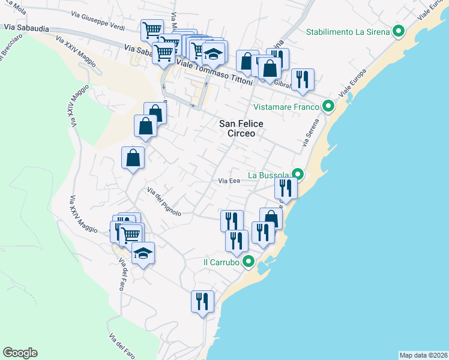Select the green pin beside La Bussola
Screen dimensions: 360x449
[297, 175]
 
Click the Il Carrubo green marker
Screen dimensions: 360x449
[248, 262]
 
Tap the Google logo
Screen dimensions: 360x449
[20, 353]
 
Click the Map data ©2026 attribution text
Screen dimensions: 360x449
[423, 355]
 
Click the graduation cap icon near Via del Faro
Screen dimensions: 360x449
[143, 253]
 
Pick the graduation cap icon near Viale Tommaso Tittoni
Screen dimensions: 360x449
[213, 54]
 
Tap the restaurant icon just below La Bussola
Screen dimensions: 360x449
[286, 188]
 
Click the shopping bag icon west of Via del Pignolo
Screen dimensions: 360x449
[133, 158]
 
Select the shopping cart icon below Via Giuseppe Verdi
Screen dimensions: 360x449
[152, 29]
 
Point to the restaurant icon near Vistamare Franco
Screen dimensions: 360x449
[303, 79]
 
